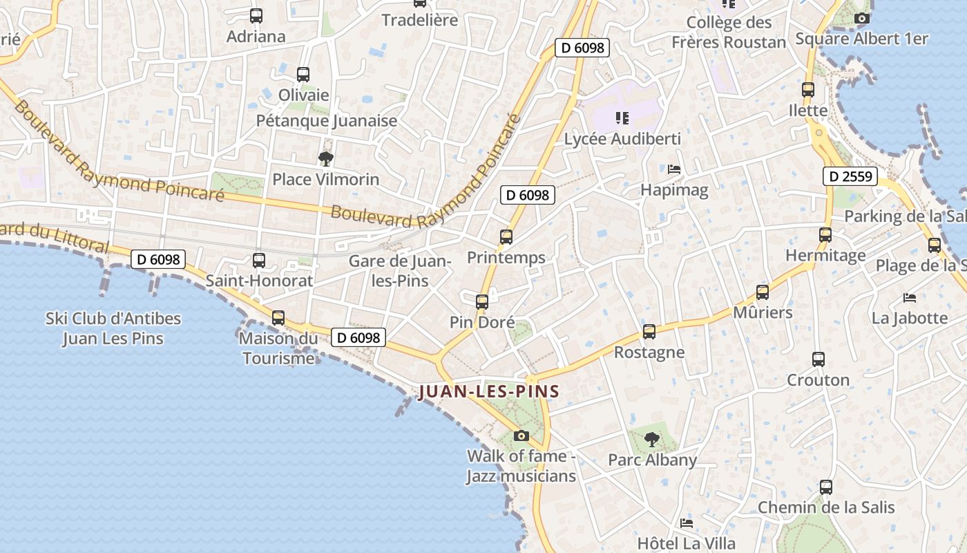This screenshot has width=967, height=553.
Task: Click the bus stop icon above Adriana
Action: click(256, 15)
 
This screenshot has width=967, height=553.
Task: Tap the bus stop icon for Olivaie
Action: click(303, 75)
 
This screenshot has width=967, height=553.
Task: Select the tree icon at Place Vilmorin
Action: click(326, 159)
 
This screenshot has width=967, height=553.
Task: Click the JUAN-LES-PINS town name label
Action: click(489, 392)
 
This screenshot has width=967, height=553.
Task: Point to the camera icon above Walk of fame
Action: click(521, 435)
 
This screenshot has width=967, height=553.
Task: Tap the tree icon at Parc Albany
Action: click(651, 439)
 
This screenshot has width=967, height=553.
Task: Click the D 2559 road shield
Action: click(850, 176)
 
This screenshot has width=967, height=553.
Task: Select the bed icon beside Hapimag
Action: click(674, 169)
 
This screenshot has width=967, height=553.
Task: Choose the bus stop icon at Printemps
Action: click(506, 237)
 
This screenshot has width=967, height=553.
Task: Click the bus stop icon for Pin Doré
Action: click(482, 301)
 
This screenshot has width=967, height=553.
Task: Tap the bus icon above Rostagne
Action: click(649, 332)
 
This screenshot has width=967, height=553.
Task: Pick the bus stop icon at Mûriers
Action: click(763, 292)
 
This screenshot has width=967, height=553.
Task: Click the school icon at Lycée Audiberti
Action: click(622, 118)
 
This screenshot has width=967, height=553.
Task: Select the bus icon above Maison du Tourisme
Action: click(278, 318)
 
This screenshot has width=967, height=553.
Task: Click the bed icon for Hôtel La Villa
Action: click(686, 523)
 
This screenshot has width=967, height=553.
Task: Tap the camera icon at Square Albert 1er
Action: click(861, 19)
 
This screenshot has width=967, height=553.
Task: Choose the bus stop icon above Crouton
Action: click(818, 359)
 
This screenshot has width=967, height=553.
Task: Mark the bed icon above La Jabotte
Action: click(910, 298)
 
